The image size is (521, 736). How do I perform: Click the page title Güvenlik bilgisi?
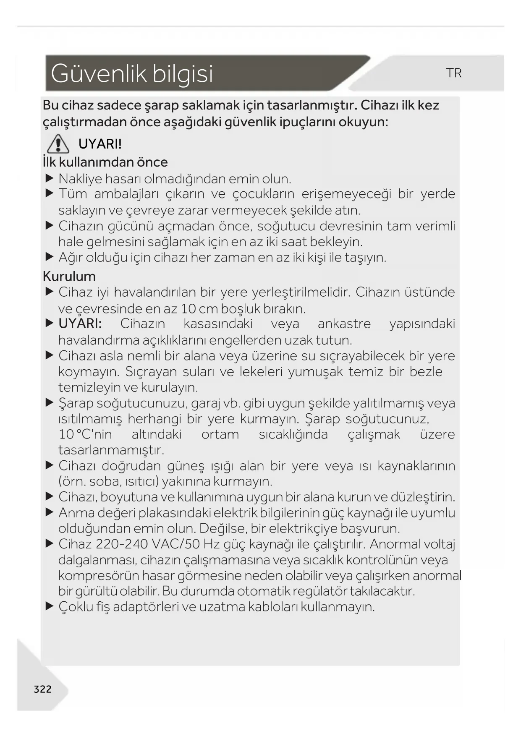point(132,73)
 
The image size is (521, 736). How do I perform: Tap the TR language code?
point(454,73)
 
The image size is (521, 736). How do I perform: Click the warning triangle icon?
point(58,144)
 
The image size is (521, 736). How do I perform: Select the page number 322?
point(42,689)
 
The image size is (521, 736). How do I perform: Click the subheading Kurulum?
point(69,276)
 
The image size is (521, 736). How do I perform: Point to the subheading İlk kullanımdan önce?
point(105,162)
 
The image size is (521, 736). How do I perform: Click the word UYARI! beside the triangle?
point(100,144)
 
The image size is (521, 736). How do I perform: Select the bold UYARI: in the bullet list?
point(80,324)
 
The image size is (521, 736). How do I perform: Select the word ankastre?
point(344,324)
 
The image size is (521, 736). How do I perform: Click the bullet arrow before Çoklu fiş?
point(50,606)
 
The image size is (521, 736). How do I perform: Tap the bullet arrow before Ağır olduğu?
point(50,257)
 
